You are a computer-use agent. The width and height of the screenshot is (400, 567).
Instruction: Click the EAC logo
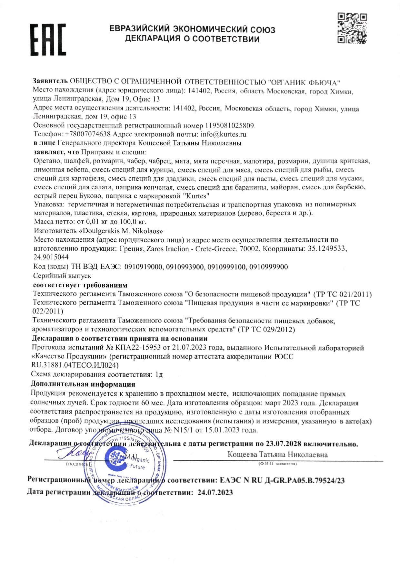[49, 39]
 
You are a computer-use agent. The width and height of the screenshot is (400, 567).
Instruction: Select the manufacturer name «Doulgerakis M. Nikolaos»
[121, 231]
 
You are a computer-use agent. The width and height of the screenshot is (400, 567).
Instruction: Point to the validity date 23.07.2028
[286, 444]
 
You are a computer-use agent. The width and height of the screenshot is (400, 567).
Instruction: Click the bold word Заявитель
[50, 81]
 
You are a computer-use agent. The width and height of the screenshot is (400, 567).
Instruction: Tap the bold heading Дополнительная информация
[83, 384]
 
